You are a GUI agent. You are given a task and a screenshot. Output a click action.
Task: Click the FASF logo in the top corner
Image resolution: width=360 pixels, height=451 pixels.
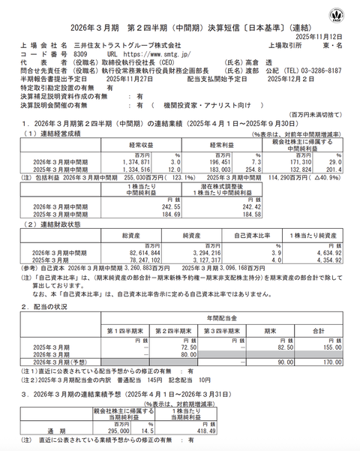pyautogui.click(x=342, y=14)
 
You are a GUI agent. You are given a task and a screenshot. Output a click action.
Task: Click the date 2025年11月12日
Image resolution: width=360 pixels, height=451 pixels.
pyautogui.click(x=323, y=35)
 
